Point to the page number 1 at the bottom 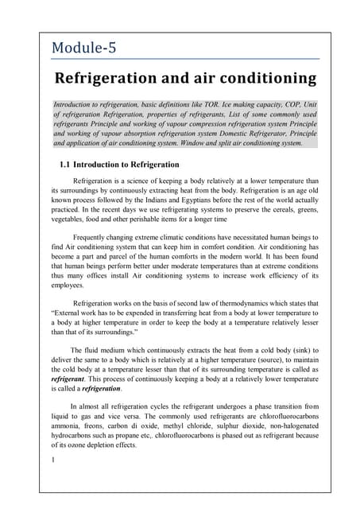click(52, 460)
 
